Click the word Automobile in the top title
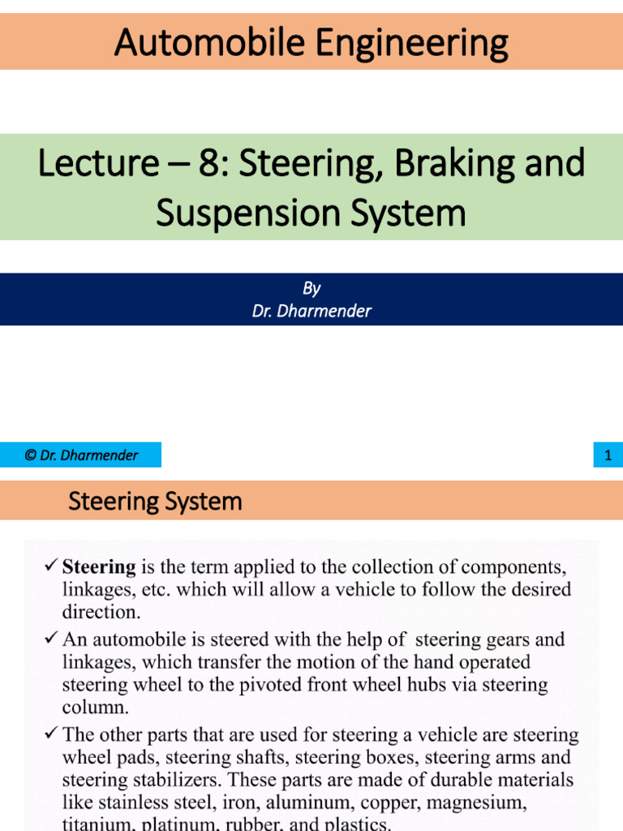(x=208, y=42)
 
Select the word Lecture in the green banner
(x=97, y=163)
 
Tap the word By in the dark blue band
(x=311, y=289)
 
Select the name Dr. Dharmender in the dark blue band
(x=311, y=311)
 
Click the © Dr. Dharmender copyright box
(x=80, y=455)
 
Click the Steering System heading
(x=155, y=501)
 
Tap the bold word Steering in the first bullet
(x=99, y=566)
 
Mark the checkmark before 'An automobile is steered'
(x=51, y=639)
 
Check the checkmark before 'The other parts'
(x=51, y=735)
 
